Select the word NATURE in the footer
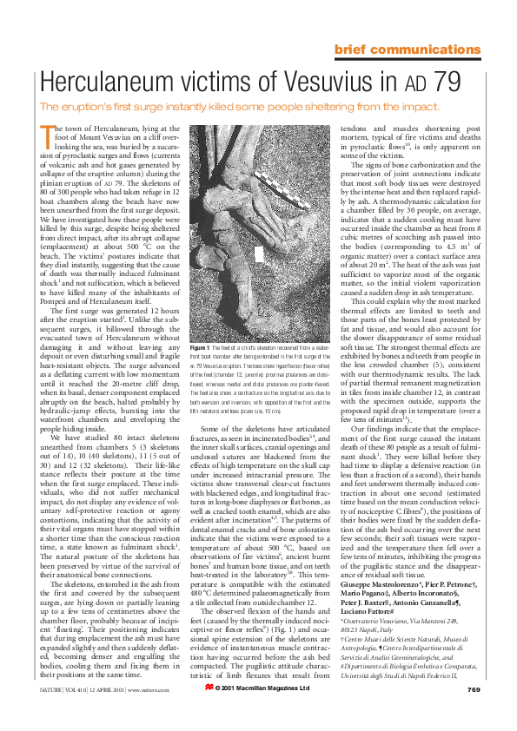[x=51, y=714]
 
